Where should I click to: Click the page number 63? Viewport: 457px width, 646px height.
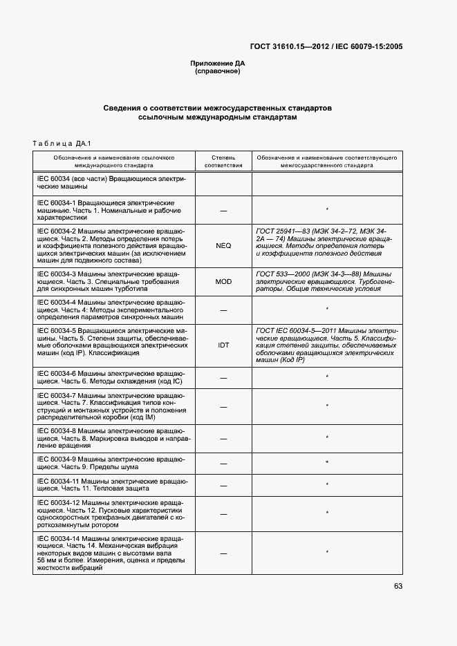pos(398,587)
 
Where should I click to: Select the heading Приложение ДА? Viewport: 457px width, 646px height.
pos(218,64)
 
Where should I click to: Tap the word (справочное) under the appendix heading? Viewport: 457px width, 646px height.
pos(218,71)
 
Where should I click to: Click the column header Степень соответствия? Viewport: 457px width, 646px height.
pos(223,162)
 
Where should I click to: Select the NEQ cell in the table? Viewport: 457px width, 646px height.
pos(223,245)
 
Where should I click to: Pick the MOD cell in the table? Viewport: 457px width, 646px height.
pos(223,282)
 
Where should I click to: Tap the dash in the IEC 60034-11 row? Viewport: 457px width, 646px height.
pos(223,485)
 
